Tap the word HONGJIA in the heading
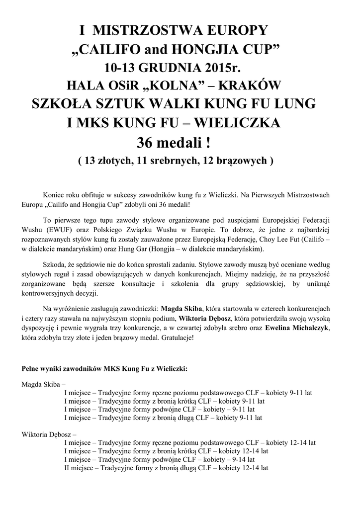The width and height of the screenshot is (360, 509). pyautogui.click(x=214, y=49)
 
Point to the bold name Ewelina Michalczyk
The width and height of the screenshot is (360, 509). pyautogui.click(x=300, y=328)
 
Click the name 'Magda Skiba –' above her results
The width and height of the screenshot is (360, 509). pyautogui.click(x=43, y=384)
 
